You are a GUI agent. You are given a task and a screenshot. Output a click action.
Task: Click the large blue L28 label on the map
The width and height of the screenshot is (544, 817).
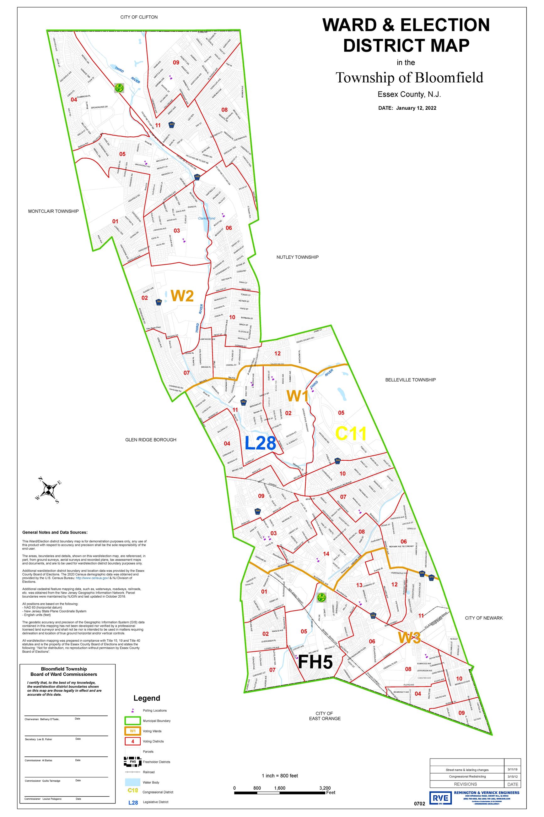click(x=260, y=443)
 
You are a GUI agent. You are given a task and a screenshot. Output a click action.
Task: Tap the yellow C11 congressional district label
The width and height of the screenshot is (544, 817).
click(x=351, y=434)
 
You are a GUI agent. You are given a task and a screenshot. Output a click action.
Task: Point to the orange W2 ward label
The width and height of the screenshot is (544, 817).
click(x=182, y=296)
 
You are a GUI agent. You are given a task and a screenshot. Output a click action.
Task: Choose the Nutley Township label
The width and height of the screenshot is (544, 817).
click(x=297, y=257)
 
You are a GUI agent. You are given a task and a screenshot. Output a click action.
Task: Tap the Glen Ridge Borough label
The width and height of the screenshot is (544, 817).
click(x=151, y=440)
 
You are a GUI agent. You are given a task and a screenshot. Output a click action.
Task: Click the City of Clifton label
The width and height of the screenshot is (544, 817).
click(x=139, y=17)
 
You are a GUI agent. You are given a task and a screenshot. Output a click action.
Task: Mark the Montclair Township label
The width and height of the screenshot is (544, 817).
click(x=53, y=211)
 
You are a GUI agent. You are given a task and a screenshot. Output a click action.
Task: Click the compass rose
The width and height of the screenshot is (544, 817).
click(x=49, y=490)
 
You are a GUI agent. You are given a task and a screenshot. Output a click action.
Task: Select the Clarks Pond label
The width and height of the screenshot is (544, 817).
click(x=207, y=218)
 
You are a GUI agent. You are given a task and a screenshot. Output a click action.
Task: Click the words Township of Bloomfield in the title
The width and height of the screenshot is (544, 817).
click(x=409, y=77)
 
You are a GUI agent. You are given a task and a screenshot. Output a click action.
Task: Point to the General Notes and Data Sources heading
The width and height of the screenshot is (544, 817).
click(x=55, y=532)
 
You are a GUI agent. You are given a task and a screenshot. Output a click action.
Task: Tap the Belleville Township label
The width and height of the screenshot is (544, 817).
click(x=410, y=380)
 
